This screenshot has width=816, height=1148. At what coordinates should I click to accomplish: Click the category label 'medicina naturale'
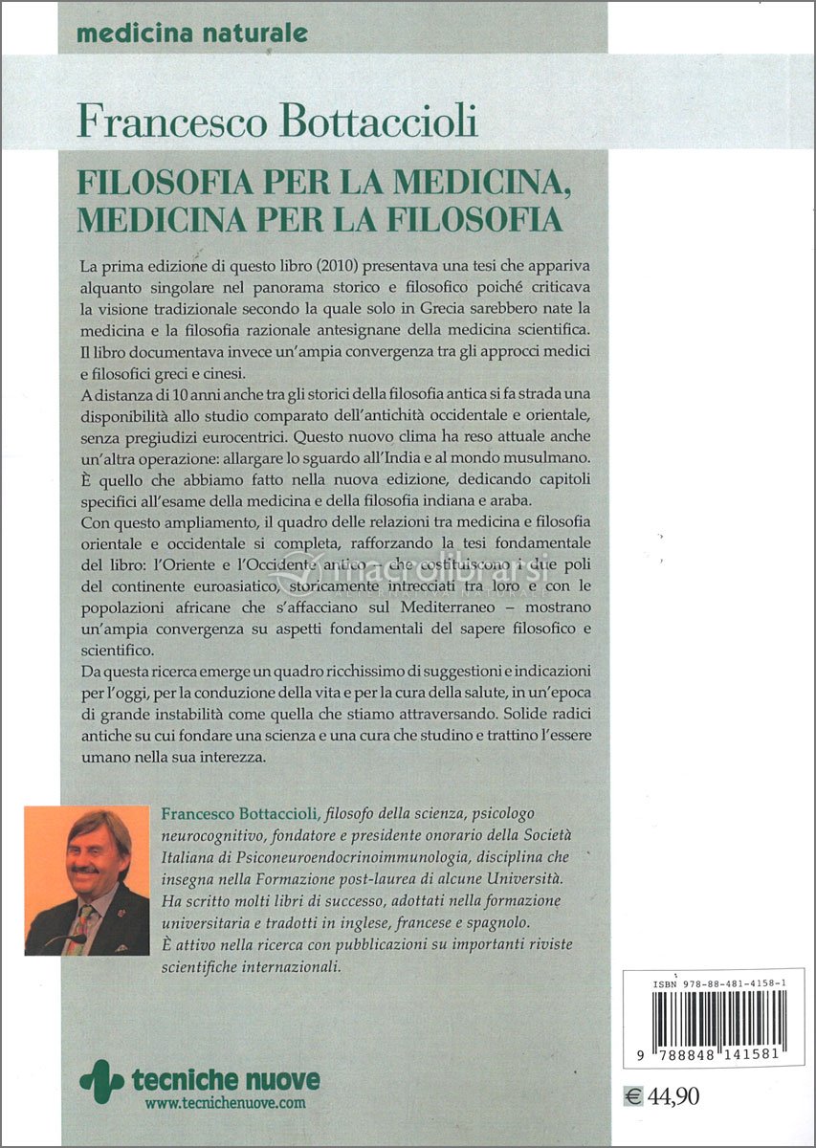tap(191, 33)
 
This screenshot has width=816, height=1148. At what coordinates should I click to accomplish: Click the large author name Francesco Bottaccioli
tap(277, 122)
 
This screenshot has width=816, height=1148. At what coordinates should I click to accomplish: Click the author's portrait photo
tap(86, 880)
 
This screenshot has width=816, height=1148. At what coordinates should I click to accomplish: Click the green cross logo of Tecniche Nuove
tap(101, 1080)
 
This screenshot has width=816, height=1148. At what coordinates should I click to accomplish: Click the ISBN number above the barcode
tap(713, 982)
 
